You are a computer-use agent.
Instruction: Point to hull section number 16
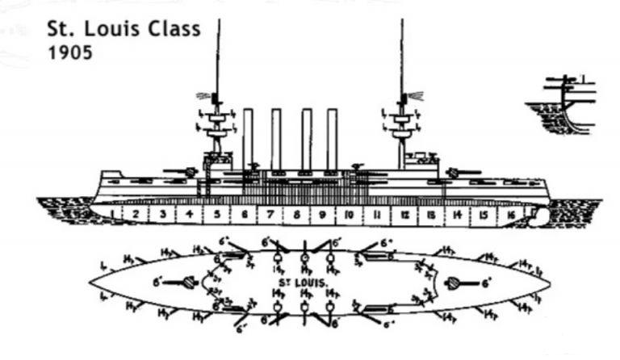pyautogui.click(x=509, y=215)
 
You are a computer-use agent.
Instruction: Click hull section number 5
pyautogui.click(x=217, y=215)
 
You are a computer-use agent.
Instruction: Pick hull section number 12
pyautogui.click(x=404, y=215)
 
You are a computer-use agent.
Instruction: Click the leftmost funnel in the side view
pyautogui.click(x=248, y=139)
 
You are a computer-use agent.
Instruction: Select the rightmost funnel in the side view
pyautogui.click(x=332, y=139)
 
